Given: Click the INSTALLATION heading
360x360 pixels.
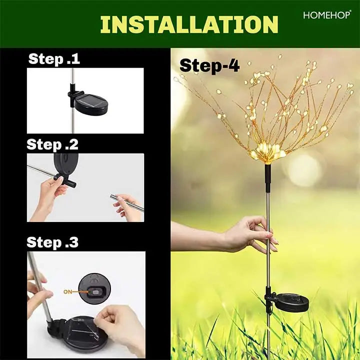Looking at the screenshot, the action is click(x=189, y=24).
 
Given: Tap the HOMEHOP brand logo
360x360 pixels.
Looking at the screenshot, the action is click(x=327, y=15).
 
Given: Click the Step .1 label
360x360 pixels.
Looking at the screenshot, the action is click(x=54, y=59).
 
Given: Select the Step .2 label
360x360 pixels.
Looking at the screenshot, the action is click(x=52, y=144).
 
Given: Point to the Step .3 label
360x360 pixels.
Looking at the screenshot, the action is click(x=52, y=242).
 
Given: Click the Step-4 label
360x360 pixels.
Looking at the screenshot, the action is click(x=209, y=65).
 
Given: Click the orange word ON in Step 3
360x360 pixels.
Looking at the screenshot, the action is click(x=67, y=292).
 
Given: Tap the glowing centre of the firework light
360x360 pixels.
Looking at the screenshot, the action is click(x=267, y=152).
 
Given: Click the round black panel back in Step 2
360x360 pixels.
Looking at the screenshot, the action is click(x=66, y=163).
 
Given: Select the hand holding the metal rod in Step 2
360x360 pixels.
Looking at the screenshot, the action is click(x=126, y=208).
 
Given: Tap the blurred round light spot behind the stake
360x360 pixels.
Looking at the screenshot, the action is click(x=303, y=170).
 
